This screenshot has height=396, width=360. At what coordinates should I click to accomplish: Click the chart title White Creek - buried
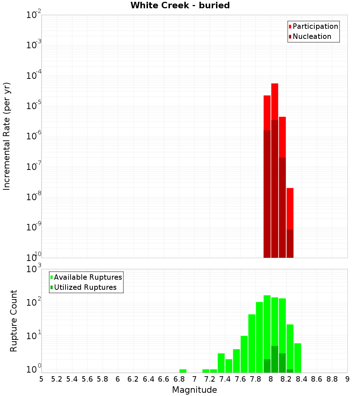pos(180,5)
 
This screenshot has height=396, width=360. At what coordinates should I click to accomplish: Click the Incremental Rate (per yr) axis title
pos(7,136)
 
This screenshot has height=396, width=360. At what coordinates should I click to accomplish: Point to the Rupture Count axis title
pos(14,321)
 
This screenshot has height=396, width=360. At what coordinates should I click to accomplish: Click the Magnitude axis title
pos(194,390)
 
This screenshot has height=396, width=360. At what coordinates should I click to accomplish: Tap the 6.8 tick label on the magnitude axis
pos(179,379)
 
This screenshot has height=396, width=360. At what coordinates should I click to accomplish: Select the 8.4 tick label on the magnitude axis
pos(301,379)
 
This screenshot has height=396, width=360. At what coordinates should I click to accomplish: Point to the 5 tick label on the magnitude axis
pos(41,379)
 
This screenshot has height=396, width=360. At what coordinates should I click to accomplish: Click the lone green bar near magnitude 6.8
pos(183,371)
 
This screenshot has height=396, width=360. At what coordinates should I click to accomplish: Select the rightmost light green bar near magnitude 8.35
pos(298,358)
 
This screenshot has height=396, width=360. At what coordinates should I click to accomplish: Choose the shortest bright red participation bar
pos(290,209)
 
